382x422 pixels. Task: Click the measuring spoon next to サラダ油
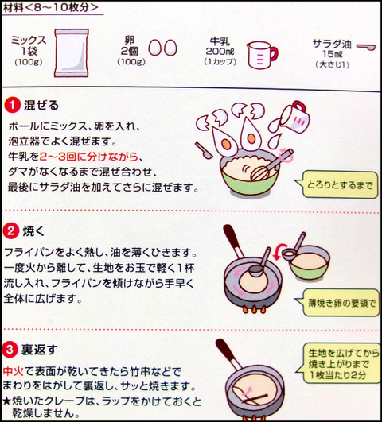click(x=365, y=47)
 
